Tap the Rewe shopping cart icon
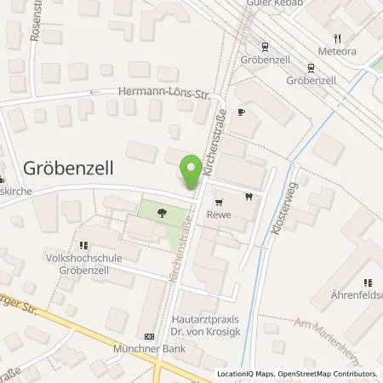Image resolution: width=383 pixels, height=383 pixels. pos(220,202)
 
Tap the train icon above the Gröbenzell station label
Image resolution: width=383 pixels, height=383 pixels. pos(265,47)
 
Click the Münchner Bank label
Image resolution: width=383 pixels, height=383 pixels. pos(150,349)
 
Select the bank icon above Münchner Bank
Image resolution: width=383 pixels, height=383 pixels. pos(150,335)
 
